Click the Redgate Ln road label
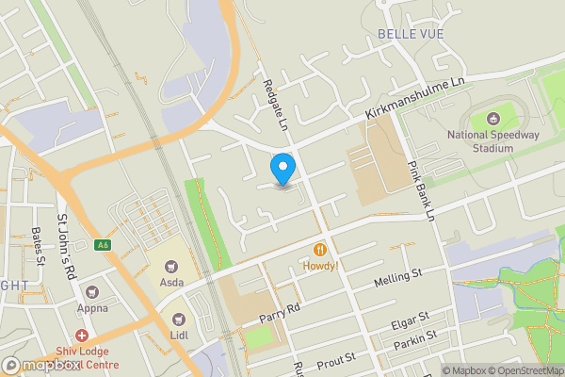(279, 105)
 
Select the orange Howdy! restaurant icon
(321, 250)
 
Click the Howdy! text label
(321, 267)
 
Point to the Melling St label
(398, 277)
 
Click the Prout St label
(335, 361)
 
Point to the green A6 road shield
(103, 246)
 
